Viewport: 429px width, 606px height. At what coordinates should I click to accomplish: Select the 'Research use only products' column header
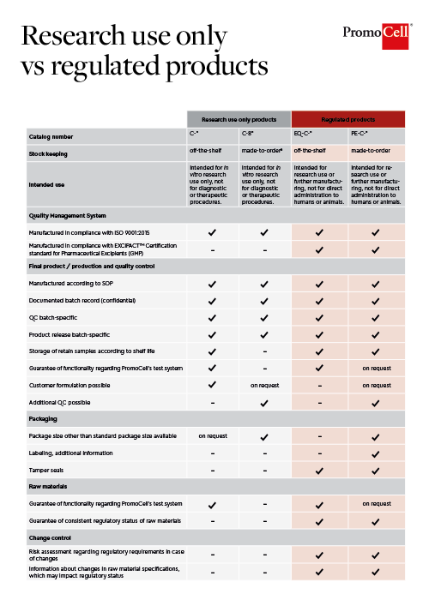(239, 119)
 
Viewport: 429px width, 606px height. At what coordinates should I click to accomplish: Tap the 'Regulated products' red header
(347, 119)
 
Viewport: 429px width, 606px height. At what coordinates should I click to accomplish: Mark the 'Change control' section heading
(48, 537)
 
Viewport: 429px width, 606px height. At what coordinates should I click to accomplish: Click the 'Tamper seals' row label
(45, 471)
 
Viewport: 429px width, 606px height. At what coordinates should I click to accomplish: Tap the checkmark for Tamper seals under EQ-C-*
(319, 471)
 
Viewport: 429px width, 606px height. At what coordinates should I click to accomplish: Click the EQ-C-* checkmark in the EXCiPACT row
(319, 249)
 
